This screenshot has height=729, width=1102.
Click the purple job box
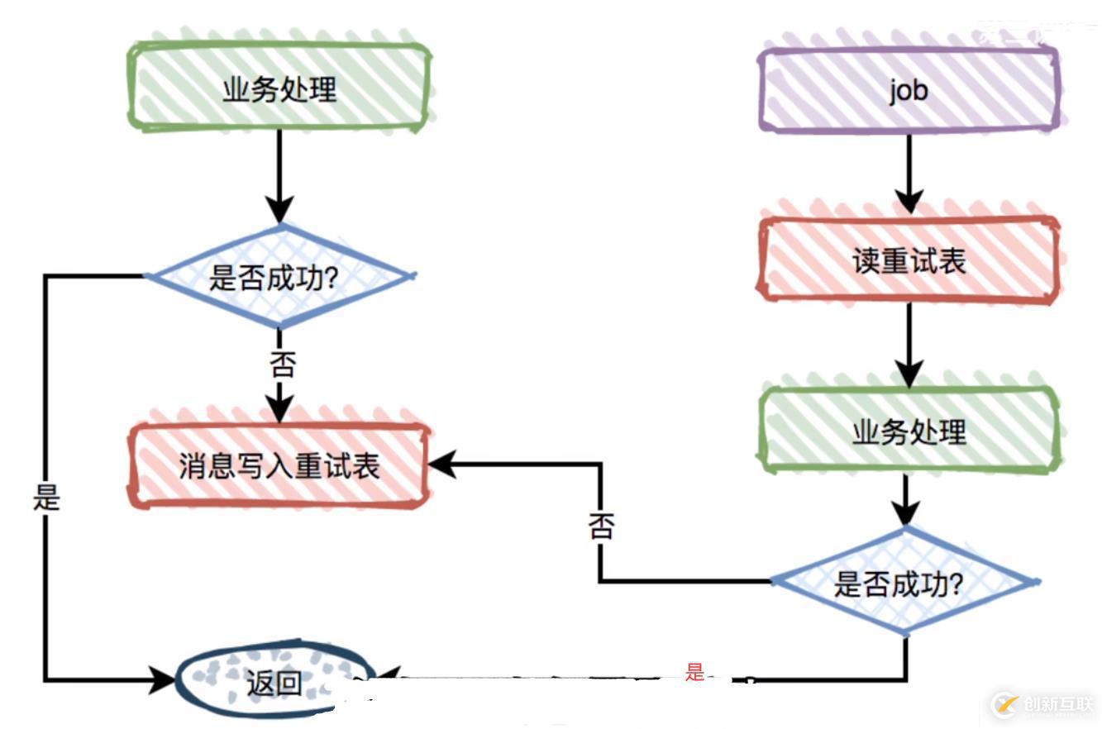pos(909,89)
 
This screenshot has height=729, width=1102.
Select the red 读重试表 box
pos(909,261)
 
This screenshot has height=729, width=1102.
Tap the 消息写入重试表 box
pos(279,465)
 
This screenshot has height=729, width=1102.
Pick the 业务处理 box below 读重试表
pos(909,431)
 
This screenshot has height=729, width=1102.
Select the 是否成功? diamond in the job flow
pos(904,583)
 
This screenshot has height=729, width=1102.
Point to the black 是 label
pos(46,498)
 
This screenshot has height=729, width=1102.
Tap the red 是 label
pos(694,671)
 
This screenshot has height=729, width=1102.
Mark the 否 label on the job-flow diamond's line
pos(602,526)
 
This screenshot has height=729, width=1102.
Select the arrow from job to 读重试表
pos(909,174)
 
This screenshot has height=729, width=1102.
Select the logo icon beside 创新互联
pos(1006,704)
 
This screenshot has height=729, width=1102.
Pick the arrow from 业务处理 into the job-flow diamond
pos(907,501)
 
